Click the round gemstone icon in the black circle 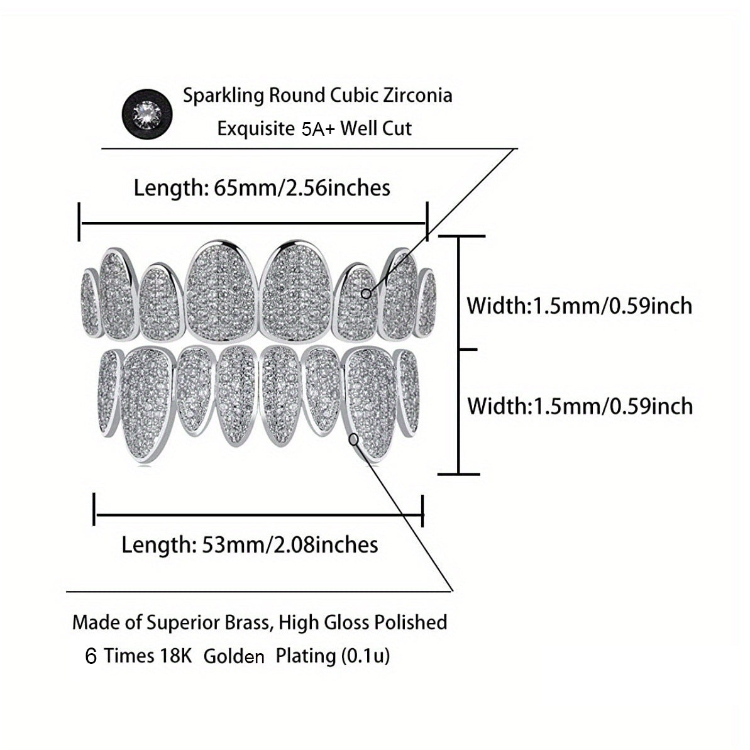[147, 114]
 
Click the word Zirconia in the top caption [417, 95]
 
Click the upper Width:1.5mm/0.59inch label [579, 306]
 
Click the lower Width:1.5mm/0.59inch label [579, 406]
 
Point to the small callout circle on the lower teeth [353, 439]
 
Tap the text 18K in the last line [176, 655]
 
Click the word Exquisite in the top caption [256, 129]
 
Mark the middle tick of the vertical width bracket [467, 350]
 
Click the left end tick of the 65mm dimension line [79, 221]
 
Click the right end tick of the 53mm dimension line [422, 511]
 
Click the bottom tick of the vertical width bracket [459, 474]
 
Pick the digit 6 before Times [91, 656]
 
